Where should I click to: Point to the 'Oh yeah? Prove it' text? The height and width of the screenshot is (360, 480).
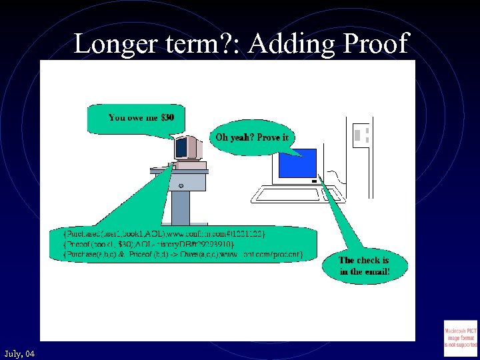251,138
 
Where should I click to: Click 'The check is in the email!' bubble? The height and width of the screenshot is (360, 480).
364,265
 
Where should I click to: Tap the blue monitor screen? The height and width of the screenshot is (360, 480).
297,164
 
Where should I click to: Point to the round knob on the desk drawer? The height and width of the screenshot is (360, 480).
181,185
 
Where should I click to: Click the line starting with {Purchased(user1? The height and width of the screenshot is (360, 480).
165,233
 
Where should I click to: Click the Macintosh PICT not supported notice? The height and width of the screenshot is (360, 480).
460,338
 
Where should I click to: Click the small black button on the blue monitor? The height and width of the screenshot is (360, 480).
313,180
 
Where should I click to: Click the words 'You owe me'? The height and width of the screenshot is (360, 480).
133,117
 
